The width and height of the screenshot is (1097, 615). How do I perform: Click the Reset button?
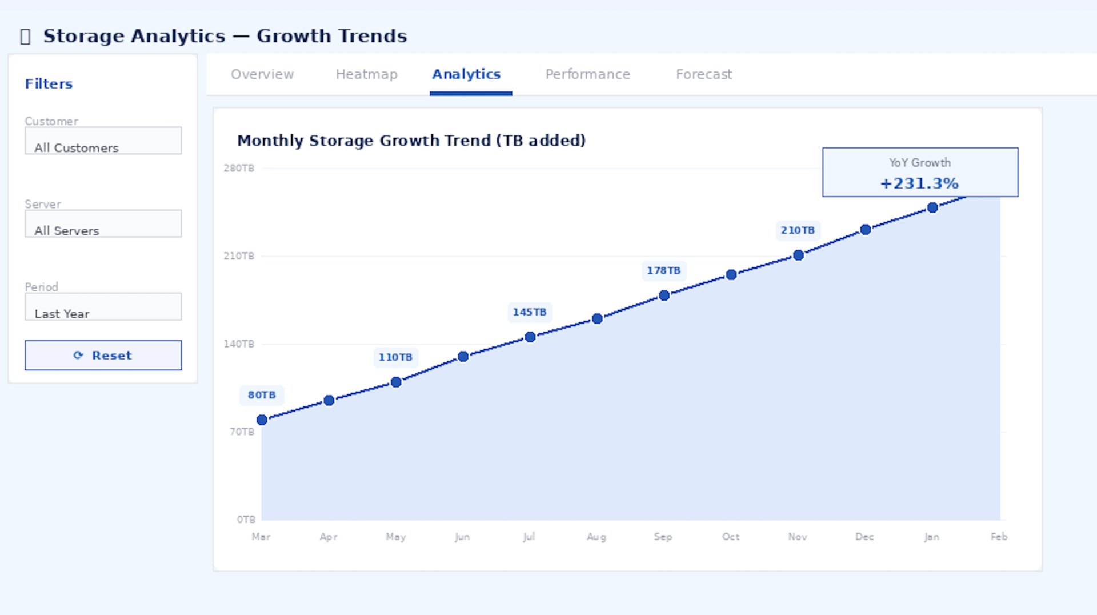pyautogui.click(x=103, y=355)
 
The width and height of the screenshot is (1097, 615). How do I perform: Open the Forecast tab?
pyautogui.click(x=703, y=74)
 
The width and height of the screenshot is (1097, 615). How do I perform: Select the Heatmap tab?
pyautogui.click(x=366, y=74)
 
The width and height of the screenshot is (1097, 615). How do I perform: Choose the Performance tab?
pyautogui.click(x=587, y=74)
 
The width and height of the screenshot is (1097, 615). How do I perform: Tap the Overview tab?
pyautogui.click(x=262, y=74)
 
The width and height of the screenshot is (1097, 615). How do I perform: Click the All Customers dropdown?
pyautogui.click(x=103, y=141)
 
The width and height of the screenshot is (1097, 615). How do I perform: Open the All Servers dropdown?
pyautogui.click(x=103, y=223)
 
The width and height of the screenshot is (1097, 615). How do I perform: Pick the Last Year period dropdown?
pyautogui.click(x=103, y=307)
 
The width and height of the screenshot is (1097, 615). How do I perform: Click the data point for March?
pyautogui.click(x=262, y=420)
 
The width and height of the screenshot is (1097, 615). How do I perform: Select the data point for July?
pyautogui.click(x=530, y=337)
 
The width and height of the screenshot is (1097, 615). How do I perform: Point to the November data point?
pyautogui.click(x=798, y=255)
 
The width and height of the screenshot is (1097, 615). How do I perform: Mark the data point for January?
pyautogui.click(x=932, y=208)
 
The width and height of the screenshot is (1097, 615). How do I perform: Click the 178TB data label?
pyautogui.click(x=663, y=270)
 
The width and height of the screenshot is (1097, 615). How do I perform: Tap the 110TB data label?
pyautogui.click(x=395, y=357)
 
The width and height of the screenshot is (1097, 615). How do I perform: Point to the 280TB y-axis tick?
pyautogui.click(x=239, y=168)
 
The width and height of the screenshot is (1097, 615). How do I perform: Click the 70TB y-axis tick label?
pyautogui.click(x=242, y=432)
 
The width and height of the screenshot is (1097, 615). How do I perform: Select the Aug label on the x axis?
pyautogui.click(x=596, y=537)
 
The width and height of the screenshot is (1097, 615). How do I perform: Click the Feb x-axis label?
pyautogui.click(x=999, y=537)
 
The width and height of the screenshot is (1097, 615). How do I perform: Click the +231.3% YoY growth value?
pyautogui.click(x=919, y=183)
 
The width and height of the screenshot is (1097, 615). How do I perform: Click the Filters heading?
pyautogui.click(x=49, y=84)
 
